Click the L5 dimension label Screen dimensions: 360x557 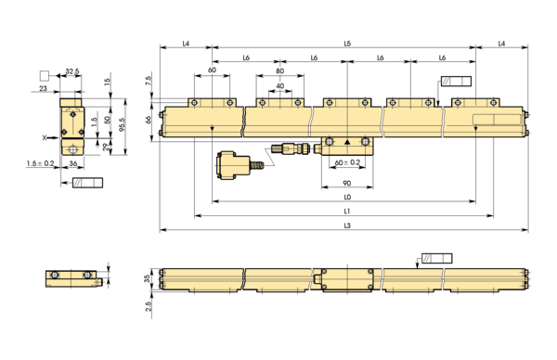coord(347,44)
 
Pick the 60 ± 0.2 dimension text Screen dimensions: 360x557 coord(347,161)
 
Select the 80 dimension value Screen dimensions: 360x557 coord(280,71)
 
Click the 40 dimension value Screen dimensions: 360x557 coord(280,86)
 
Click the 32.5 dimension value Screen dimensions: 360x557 coord(71,71)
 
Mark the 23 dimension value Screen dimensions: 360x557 coord(44,88)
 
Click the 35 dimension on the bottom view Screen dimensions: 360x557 coord(149,277)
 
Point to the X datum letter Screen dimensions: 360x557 coord(44,135)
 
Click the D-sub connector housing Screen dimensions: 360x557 coord(232,163)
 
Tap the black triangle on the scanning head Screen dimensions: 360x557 coord(347,142)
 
